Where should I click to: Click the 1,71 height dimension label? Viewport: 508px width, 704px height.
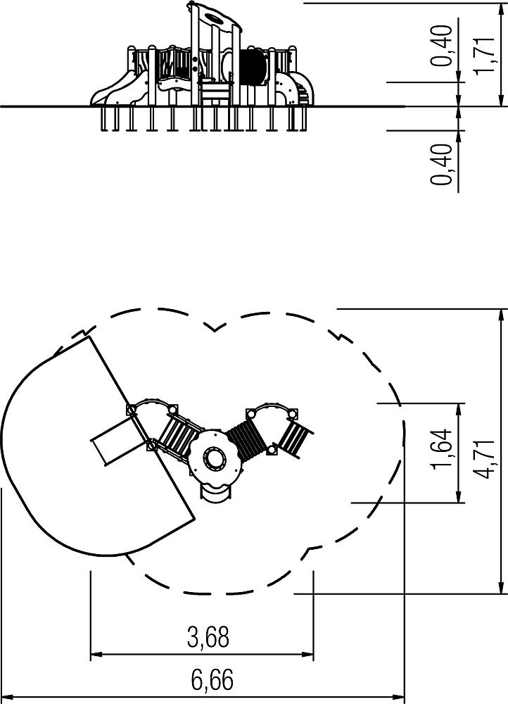pos(485,54)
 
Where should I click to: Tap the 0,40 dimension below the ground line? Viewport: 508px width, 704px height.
pos(441,164)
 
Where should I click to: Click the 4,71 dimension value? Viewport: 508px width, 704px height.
pos(485,459)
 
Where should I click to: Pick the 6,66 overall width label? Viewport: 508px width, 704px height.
pos(212,680)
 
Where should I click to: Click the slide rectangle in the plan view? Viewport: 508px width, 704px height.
pos(113,441)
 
